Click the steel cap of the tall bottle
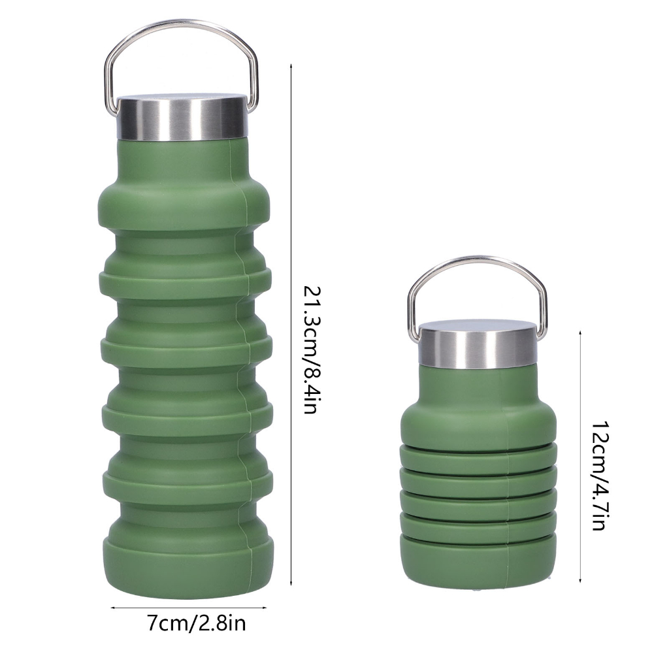pyautogui.click(x=182, y=118)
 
